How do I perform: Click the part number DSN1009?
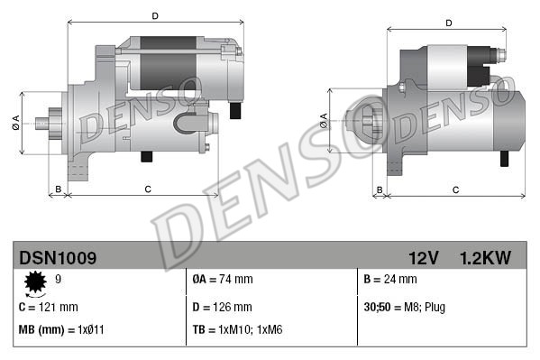57,258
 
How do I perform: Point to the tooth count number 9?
59,280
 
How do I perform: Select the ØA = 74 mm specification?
223,281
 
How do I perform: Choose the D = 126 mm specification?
223,307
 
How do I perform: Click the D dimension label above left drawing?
155,16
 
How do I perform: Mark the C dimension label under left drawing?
147,189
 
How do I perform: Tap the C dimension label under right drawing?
455,189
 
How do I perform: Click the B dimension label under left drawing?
59,189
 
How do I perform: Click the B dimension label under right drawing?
380,189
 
